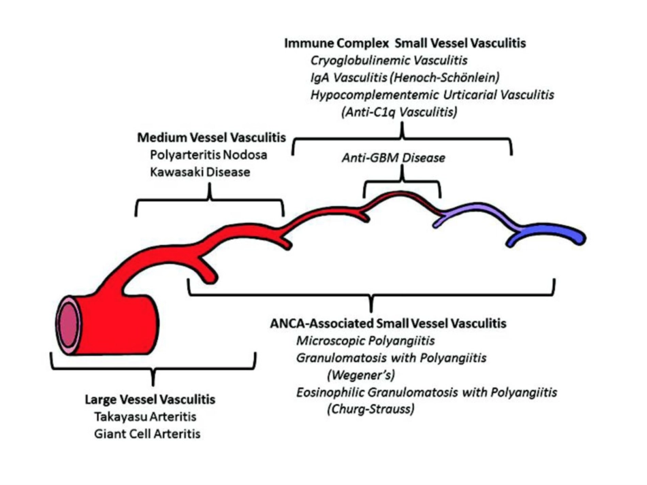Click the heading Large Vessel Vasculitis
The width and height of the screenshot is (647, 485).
[x=151, y=399]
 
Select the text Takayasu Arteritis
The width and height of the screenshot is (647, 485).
[x=145, y=416]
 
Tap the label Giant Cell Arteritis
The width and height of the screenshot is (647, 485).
[x=147, y=434]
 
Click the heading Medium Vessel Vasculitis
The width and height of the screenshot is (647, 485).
[x=212, y=137]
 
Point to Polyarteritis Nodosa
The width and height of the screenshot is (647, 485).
[x=209, y=154]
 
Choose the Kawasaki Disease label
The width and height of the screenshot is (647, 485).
[x=200, y=172]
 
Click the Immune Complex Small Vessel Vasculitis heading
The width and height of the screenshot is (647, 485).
[x=405, y=44]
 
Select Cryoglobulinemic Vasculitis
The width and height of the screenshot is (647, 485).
[x=389, y=61]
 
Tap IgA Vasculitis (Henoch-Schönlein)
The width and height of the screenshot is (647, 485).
[x=405, y=78]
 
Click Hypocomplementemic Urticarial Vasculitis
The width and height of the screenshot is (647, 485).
[x=432, y=95]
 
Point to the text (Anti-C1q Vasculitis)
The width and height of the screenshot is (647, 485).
[x=399, y=112]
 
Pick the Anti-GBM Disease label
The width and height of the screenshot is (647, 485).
[x=394, y=158]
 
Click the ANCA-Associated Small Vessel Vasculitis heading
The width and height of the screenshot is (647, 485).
[x=388, y=324]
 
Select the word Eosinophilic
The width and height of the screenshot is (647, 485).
[x=330, y=392]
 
